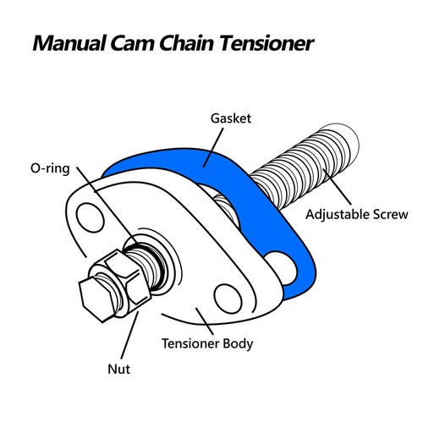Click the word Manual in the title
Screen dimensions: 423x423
coord(69,43)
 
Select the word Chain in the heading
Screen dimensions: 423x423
coord(187,43)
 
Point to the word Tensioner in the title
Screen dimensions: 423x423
coord(266,43)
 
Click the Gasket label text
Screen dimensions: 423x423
coord(231,118)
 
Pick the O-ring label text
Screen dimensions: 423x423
coord(50,168)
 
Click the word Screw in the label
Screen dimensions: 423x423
coord(391,215)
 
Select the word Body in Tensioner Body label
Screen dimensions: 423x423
coord(238,343)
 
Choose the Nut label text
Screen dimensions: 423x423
coord(119,369)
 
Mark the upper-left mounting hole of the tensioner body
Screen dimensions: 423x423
coord(90,217)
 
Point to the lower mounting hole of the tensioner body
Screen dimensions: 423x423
coord(228,299)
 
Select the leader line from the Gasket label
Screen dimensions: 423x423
coord(213,147)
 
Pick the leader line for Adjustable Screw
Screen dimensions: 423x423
coord(338,187)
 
